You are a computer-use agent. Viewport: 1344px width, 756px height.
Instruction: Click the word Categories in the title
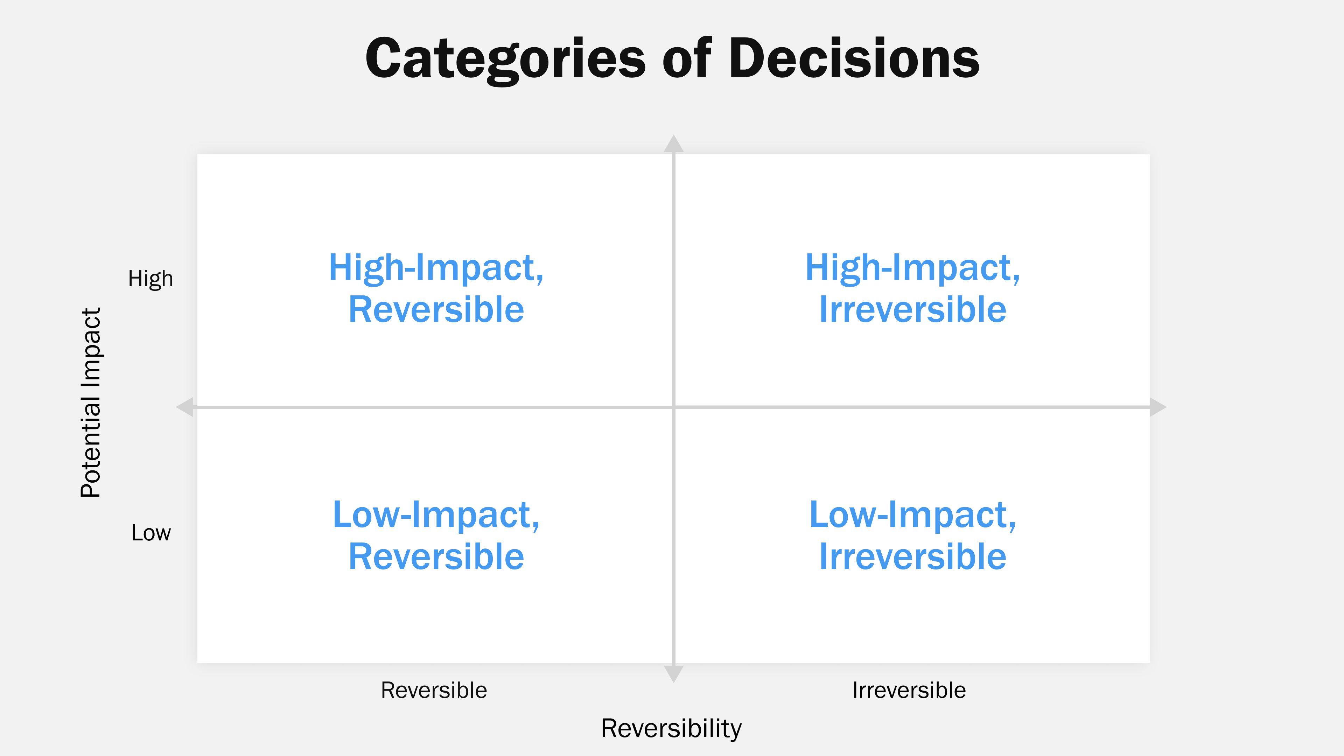point(505,58)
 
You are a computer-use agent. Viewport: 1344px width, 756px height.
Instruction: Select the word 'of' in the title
point(687,58)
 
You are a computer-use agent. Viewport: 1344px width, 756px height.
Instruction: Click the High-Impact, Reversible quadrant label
point(436,288)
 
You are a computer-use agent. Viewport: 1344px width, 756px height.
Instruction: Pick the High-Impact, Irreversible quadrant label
point(912,288)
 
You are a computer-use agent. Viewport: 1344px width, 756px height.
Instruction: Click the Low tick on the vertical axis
point(151,533)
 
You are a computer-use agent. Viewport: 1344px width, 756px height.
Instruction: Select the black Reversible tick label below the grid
point(434,690)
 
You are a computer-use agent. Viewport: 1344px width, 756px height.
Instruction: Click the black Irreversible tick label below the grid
point(909,690)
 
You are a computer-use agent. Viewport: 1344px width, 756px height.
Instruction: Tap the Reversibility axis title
point(671,728)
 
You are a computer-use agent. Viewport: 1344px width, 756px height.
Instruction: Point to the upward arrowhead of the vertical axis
point(673,143)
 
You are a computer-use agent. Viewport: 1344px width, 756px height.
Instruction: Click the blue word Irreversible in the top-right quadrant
point(912,309)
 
